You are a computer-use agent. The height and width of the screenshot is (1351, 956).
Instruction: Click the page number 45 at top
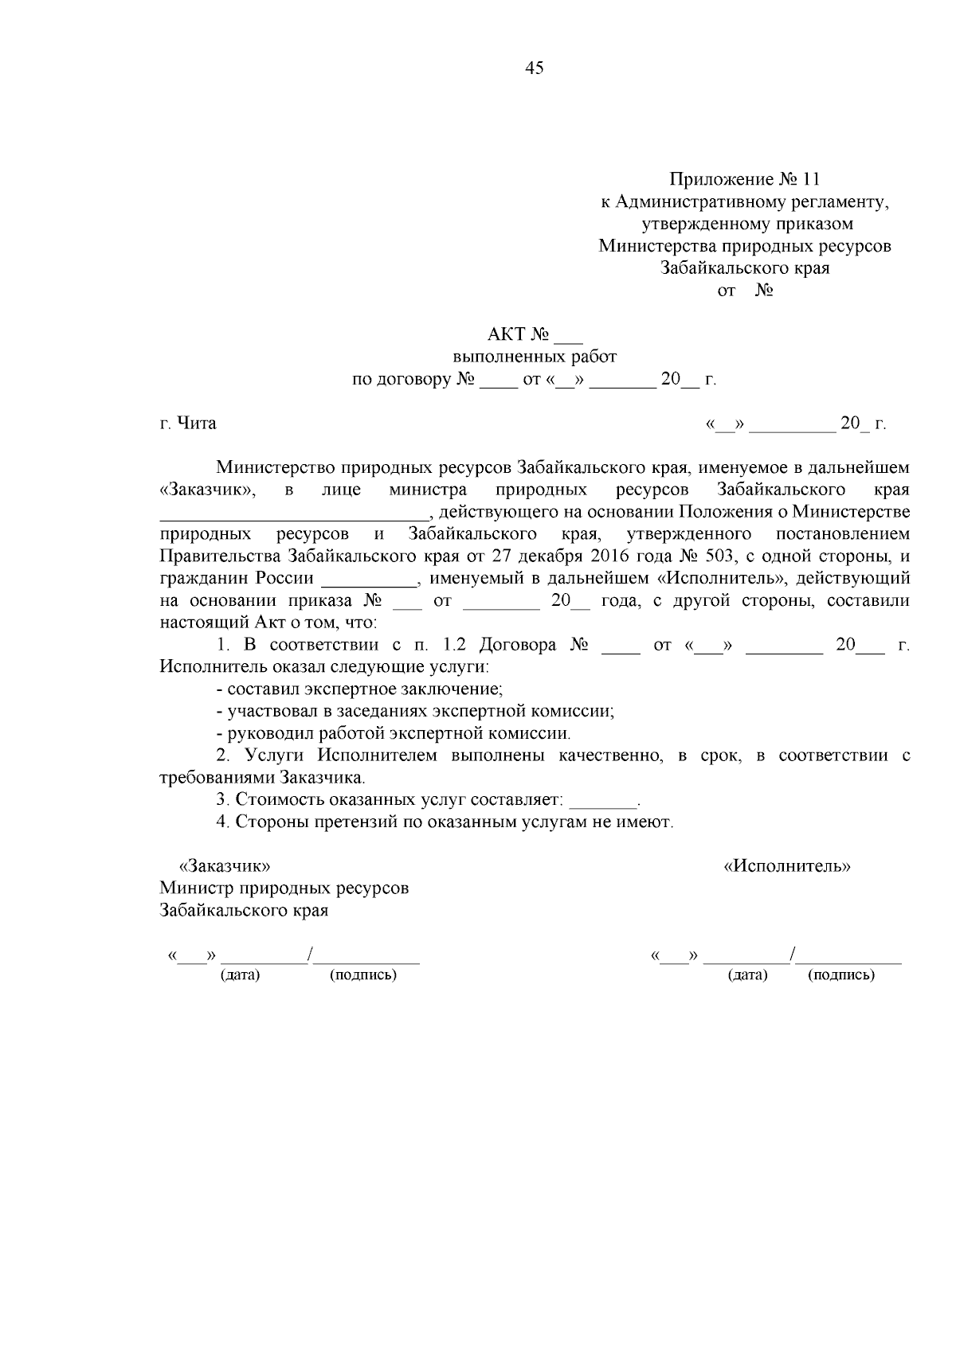pyautogui.click(x=535, y=68)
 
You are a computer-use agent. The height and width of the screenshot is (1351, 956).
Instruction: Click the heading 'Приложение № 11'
pyautogui.click(x=744, y=178)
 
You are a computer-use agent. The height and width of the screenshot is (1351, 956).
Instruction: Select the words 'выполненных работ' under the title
pyautogui.click(x=535, y=357)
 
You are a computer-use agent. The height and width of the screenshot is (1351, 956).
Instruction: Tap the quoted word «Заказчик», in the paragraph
pyautogui.click(x=208, y=489)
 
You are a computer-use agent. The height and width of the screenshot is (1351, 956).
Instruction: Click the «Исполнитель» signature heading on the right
pyautogui.click(x=786, y=865)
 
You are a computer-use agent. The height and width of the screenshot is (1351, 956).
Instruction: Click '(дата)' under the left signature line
pyautogui.click(x=240, y=974)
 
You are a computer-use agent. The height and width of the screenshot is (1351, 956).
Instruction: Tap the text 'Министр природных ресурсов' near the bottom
pyautogui.click(x=284, y=887)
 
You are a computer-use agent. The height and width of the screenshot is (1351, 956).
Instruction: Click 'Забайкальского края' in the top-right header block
pyautogui.click(x=744, y=267)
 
